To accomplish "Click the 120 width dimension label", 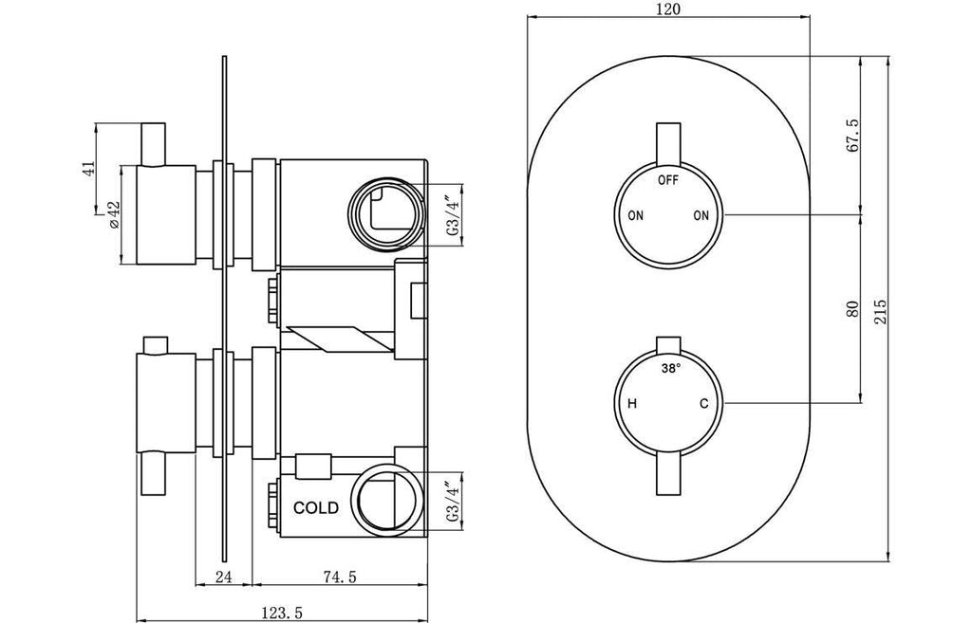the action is point(668,9).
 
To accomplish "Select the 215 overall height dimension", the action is point(881,311).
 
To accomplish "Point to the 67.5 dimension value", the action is point(853,136).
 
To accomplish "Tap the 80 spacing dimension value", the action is point(853,309).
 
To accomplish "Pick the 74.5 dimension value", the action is point(340,577).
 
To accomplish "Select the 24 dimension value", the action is point(224,577).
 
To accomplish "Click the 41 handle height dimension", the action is point(88,169).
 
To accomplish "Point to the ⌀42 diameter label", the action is point(114,214).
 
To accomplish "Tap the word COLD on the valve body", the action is point(316,508).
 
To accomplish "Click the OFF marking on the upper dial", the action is point(668,180).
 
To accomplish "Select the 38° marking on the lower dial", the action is point(670,369).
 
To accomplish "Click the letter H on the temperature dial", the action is point(632,404).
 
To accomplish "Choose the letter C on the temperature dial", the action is point(703,404).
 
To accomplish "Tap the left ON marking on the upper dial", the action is point(635,215).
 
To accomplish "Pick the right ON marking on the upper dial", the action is point(701,215).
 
